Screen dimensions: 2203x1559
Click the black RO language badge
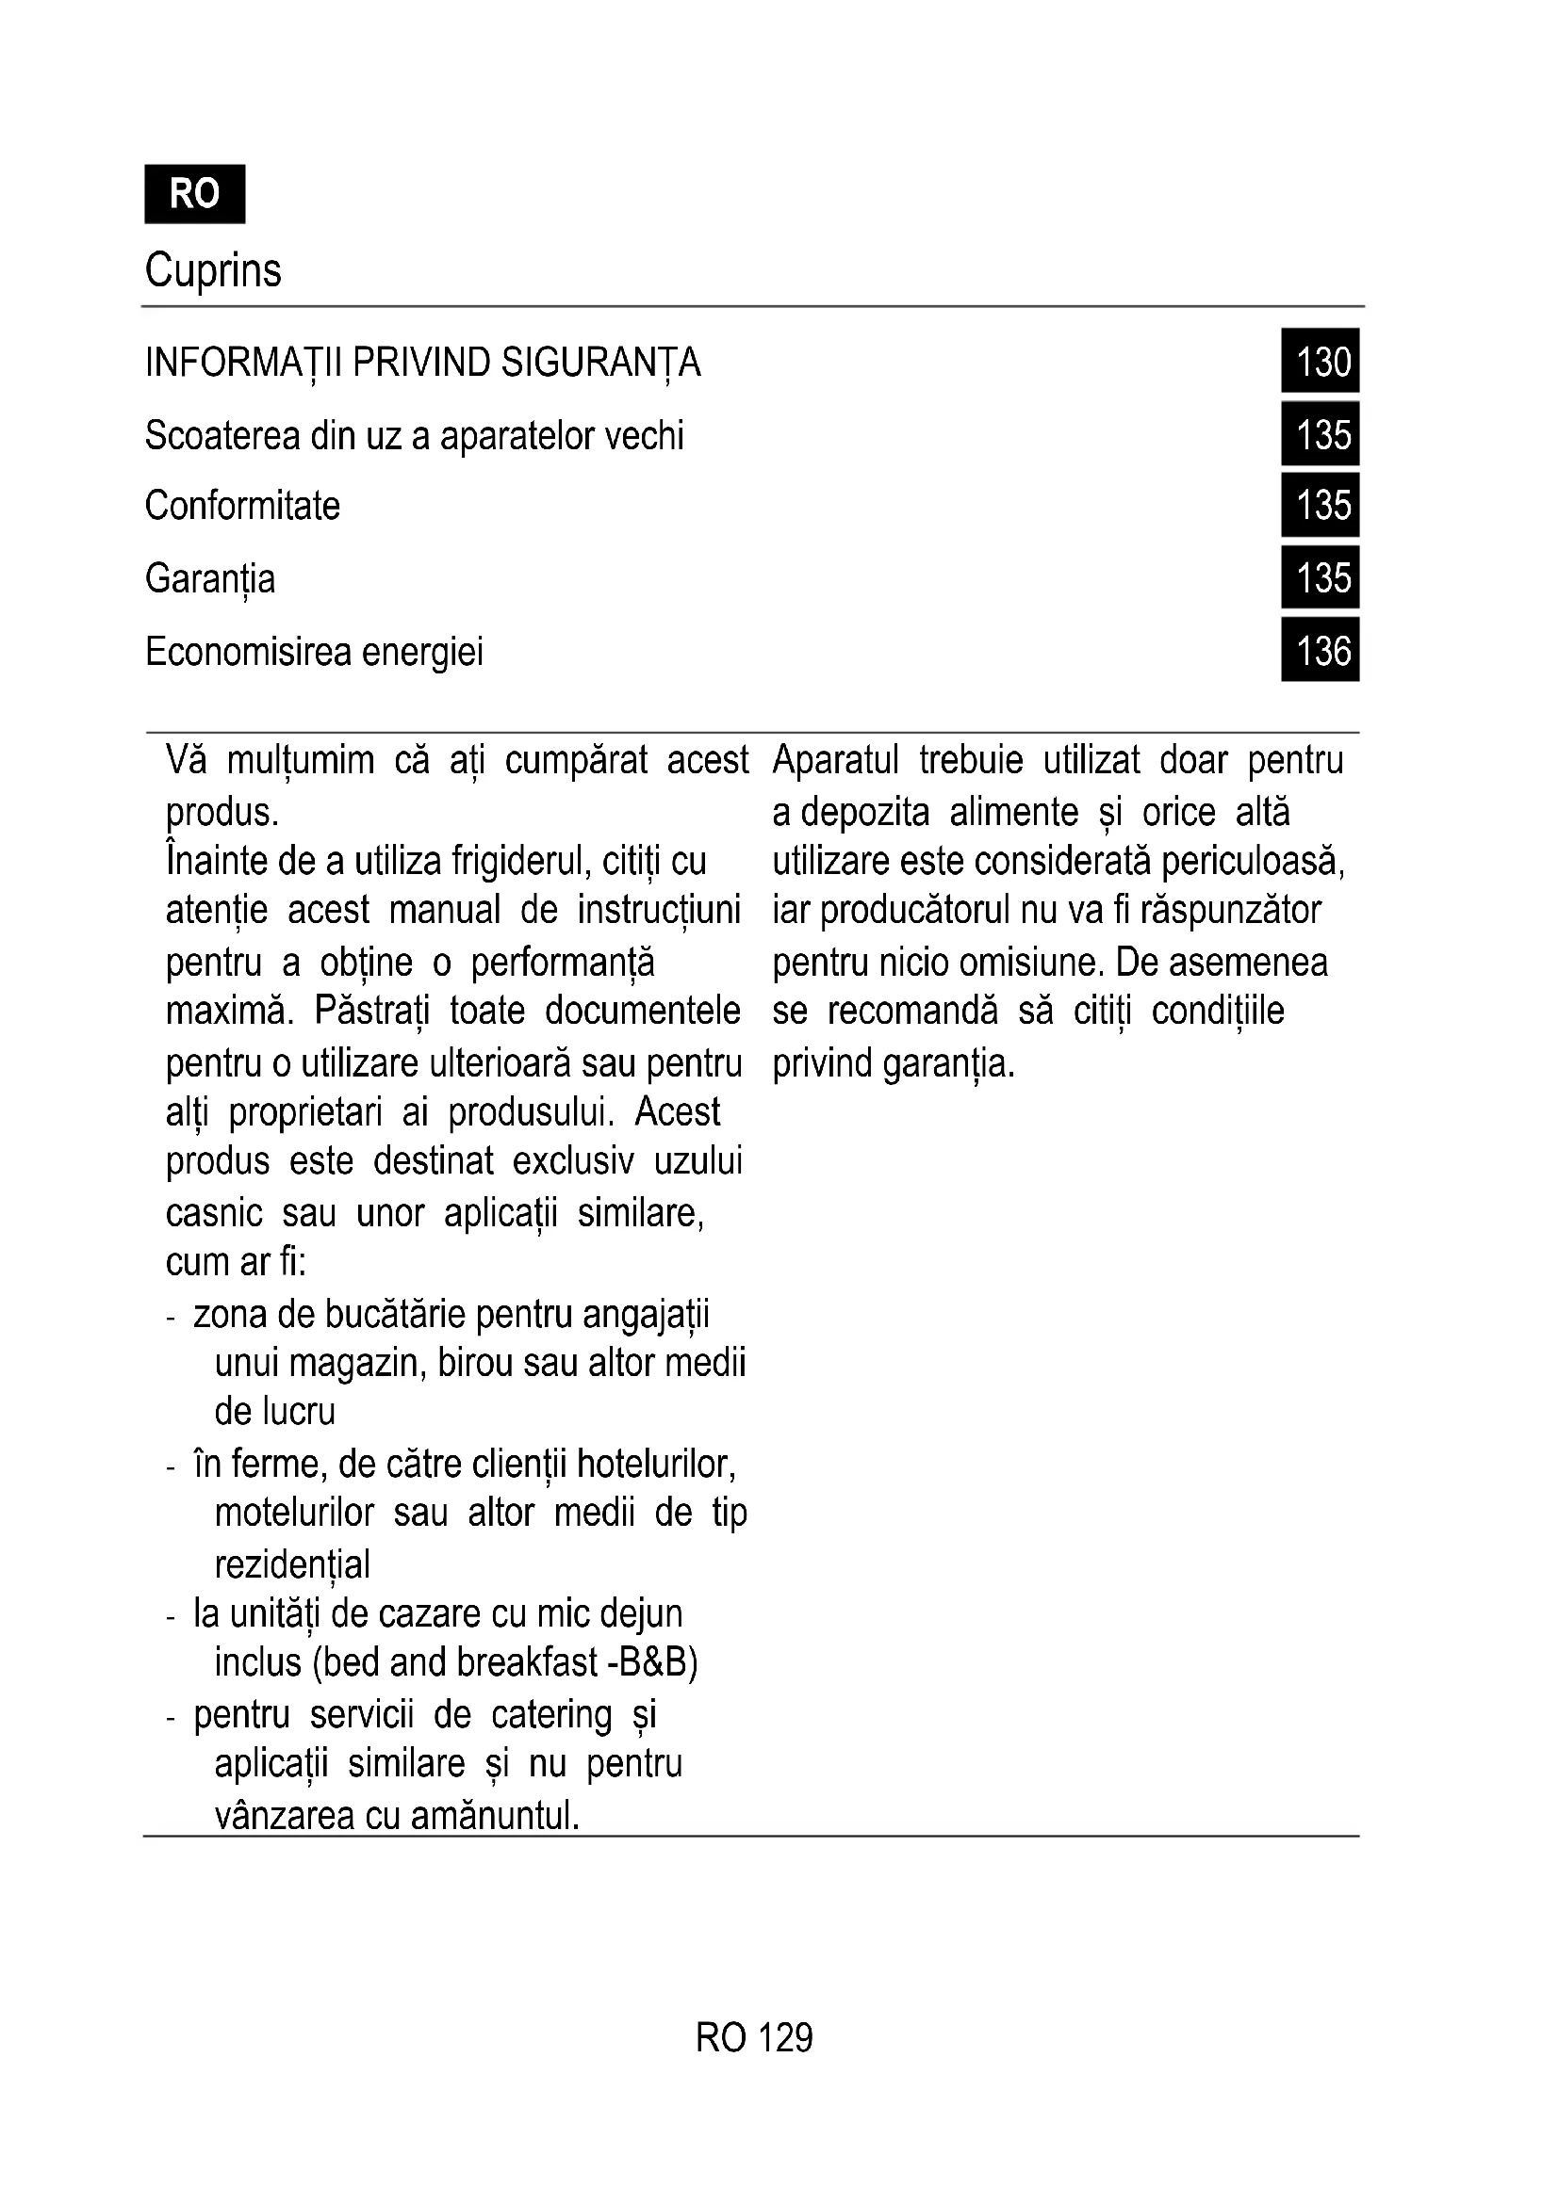tap(195, 194)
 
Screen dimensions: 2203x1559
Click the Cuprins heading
tap(213, 269)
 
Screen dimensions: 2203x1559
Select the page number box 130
tap(1320, 361)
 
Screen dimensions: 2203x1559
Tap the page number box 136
tap(1320, 651)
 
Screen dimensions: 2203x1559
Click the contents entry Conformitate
tap(242, 506)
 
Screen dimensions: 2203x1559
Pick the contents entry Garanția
tap(210, 578)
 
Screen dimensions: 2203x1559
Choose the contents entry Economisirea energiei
tap(314, 652)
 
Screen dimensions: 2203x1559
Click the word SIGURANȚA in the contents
tap(601, 363)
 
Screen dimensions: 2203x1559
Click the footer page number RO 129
tap(755, 2038)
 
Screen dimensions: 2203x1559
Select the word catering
tap(551, 1714)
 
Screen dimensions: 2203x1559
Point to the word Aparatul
tap(835, 760)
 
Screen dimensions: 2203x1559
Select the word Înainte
tap(216, 860)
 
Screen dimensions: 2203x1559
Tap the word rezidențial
tap(292, 1564)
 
